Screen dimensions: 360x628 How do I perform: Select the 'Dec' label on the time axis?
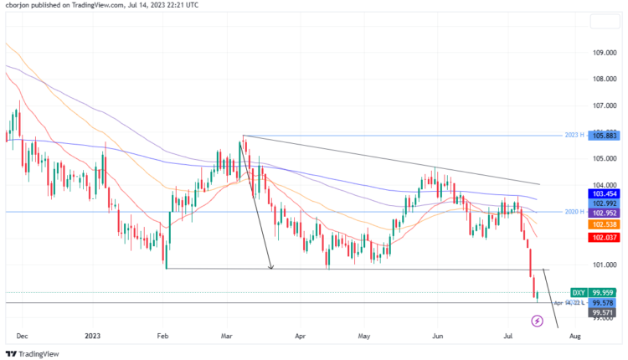[x=22, y=335]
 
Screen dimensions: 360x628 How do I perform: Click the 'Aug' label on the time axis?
[x=574, y=335]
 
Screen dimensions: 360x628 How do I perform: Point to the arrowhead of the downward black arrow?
[x=271, y=267]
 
